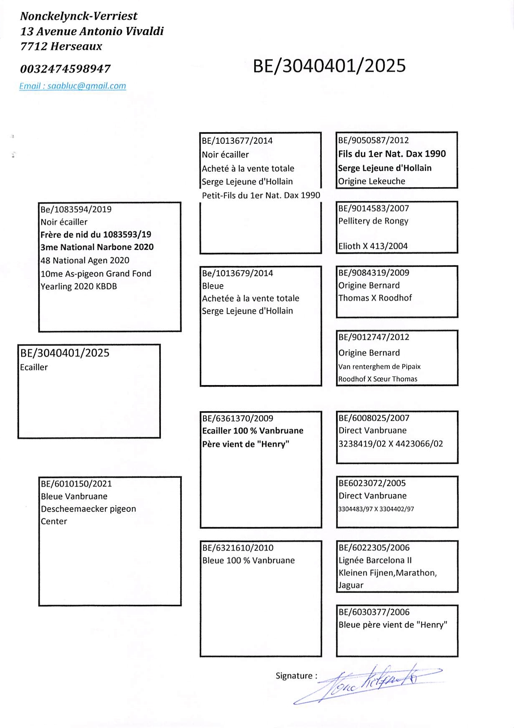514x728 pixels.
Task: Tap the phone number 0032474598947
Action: [65, 69]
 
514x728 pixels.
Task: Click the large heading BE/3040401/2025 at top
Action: [329, 66]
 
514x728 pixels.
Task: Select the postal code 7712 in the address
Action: [33, 46]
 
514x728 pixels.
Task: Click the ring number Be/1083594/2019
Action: [76, 209]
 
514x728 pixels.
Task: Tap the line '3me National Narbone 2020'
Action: [97, 247]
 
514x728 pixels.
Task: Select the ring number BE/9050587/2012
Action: [373, 140]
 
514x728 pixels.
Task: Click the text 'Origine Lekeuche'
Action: [371, 181]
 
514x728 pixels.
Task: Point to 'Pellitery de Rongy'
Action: [373, 221]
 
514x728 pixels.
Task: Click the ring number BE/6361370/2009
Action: [238, 418]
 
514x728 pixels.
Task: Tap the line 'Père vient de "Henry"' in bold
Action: [246, 444]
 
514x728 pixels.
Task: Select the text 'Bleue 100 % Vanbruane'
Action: [248, 560]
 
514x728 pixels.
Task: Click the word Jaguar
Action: [351, 585]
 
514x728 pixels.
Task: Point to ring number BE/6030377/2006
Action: [374, 612]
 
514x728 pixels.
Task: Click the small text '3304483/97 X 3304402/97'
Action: [376, 509]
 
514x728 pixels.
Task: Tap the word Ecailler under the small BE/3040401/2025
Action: [34, 367]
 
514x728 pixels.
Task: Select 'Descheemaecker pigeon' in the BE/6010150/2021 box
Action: [88, 509]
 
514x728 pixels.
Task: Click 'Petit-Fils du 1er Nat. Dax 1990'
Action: [261, 195]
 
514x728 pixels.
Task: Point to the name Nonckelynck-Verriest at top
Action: [79, 16]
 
